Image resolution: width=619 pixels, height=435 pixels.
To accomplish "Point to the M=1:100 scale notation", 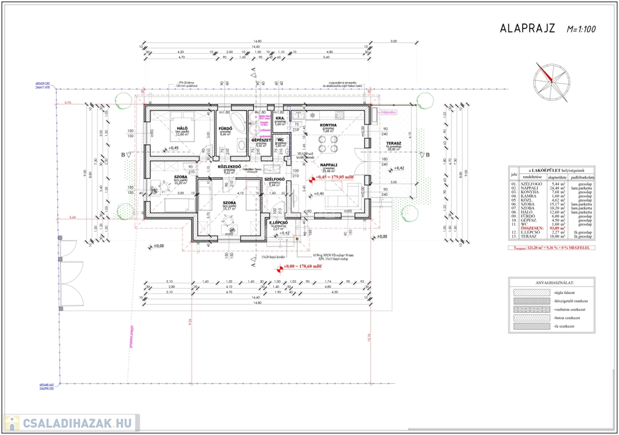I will (x=582, y=28).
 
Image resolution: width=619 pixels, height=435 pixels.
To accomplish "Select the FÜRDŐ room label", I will (x=227, y=128).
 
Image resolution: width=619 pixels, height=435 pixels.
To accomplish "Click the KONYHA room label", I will (x=328, y=126).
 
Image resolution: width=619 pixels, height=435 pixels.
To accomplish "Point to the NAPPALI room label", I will (x=329, y=164).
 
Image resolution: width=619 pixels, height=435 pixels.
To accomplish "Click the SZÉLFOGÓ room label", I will (x=275, y=179).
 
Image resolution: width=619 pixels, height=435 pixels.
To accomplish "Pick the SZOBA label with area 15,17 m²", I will (x=229, y=203).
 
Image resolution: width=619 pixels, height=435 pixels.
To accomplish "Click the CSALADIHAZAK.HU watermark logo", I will (x=71, y=422).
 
